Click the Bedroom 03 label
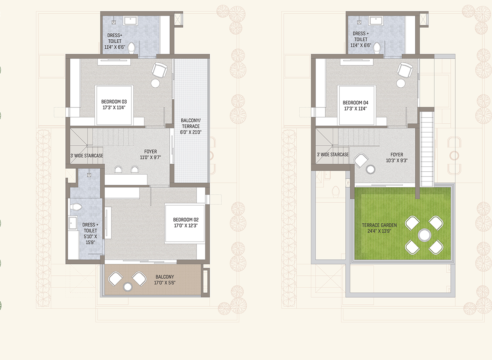[x=114, y=102]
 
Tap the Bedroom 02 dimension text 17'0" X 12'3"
[x=186, y=225]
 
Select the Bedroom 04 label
[x=355, y=102]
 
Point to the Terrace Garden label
[x=379, y=225]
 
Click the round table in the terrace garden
[x=424, y=235]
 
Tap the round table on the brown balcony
[x=128, y=287]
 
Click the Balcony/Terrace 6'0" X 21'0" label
[x=191, y=126]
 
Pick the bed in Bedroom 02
[x=185, y=224]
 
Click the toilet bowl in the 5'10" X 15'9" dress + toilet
[x=76, y=206]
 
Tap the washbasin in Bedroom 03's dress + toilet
[x=130, y=21]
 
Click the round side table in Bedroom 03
[x=155, y=83]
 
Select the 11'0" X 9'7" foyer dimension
[x=150, y=157]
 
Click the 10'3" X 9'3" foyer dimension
[x=397, y=160]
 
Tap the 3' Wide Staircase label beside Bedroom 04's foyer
[x=333, y=155]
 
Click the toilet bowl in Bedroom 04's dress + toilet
[x=377, y=48]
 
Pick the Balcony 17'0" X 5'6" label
[x=165, y=280]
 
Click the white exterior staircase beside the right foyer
[x=427, y=149]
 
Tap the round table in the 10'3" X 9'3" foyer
[x=371, y=169]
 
